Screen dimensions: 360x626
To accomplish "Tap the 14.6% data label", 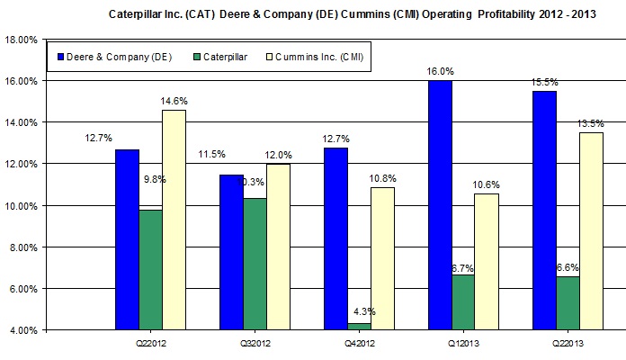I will point(173,100).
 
